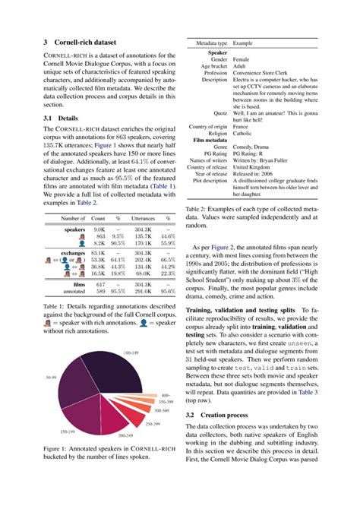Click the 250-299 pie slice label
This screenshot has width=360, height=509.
pos(153,423)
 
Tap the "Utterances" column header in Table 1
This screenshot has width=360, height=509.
pos(143,218)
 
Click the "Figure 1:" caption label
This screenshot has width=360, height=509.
pos(58,470)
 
